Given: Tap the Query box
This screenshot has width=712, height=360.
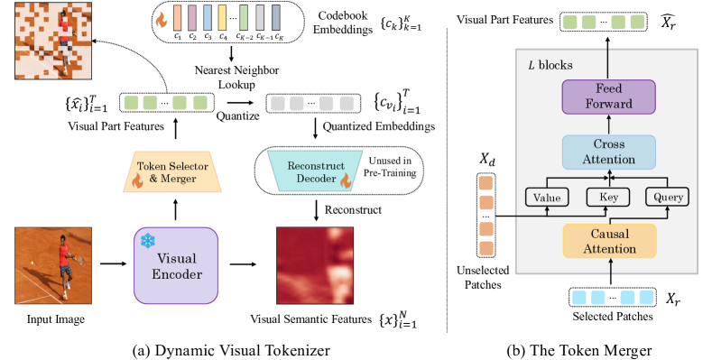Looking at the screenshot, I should point(665,197).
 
